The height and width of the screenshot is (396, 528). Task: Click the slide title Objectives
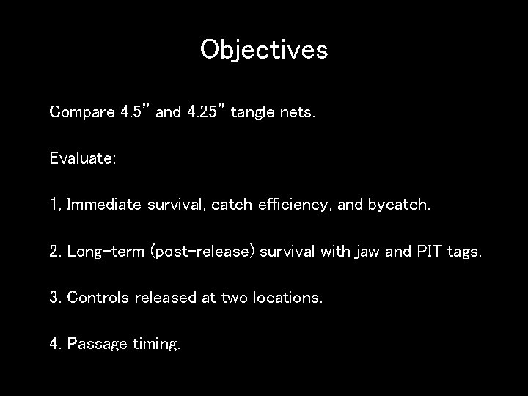[x=264, y=50]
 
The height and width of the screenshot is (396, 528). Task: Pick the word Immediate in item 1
[x=103, y=205]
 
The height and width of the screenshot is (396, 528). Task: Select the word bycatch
[x=400, y=205]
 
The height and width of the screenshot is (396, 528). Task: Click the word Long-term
[x=106, y=252]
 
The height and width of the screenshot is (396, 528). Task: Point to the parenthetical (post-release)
[x=202, y=252]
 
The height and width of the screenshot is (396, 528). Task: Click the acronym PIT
[x=426, y=252]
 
